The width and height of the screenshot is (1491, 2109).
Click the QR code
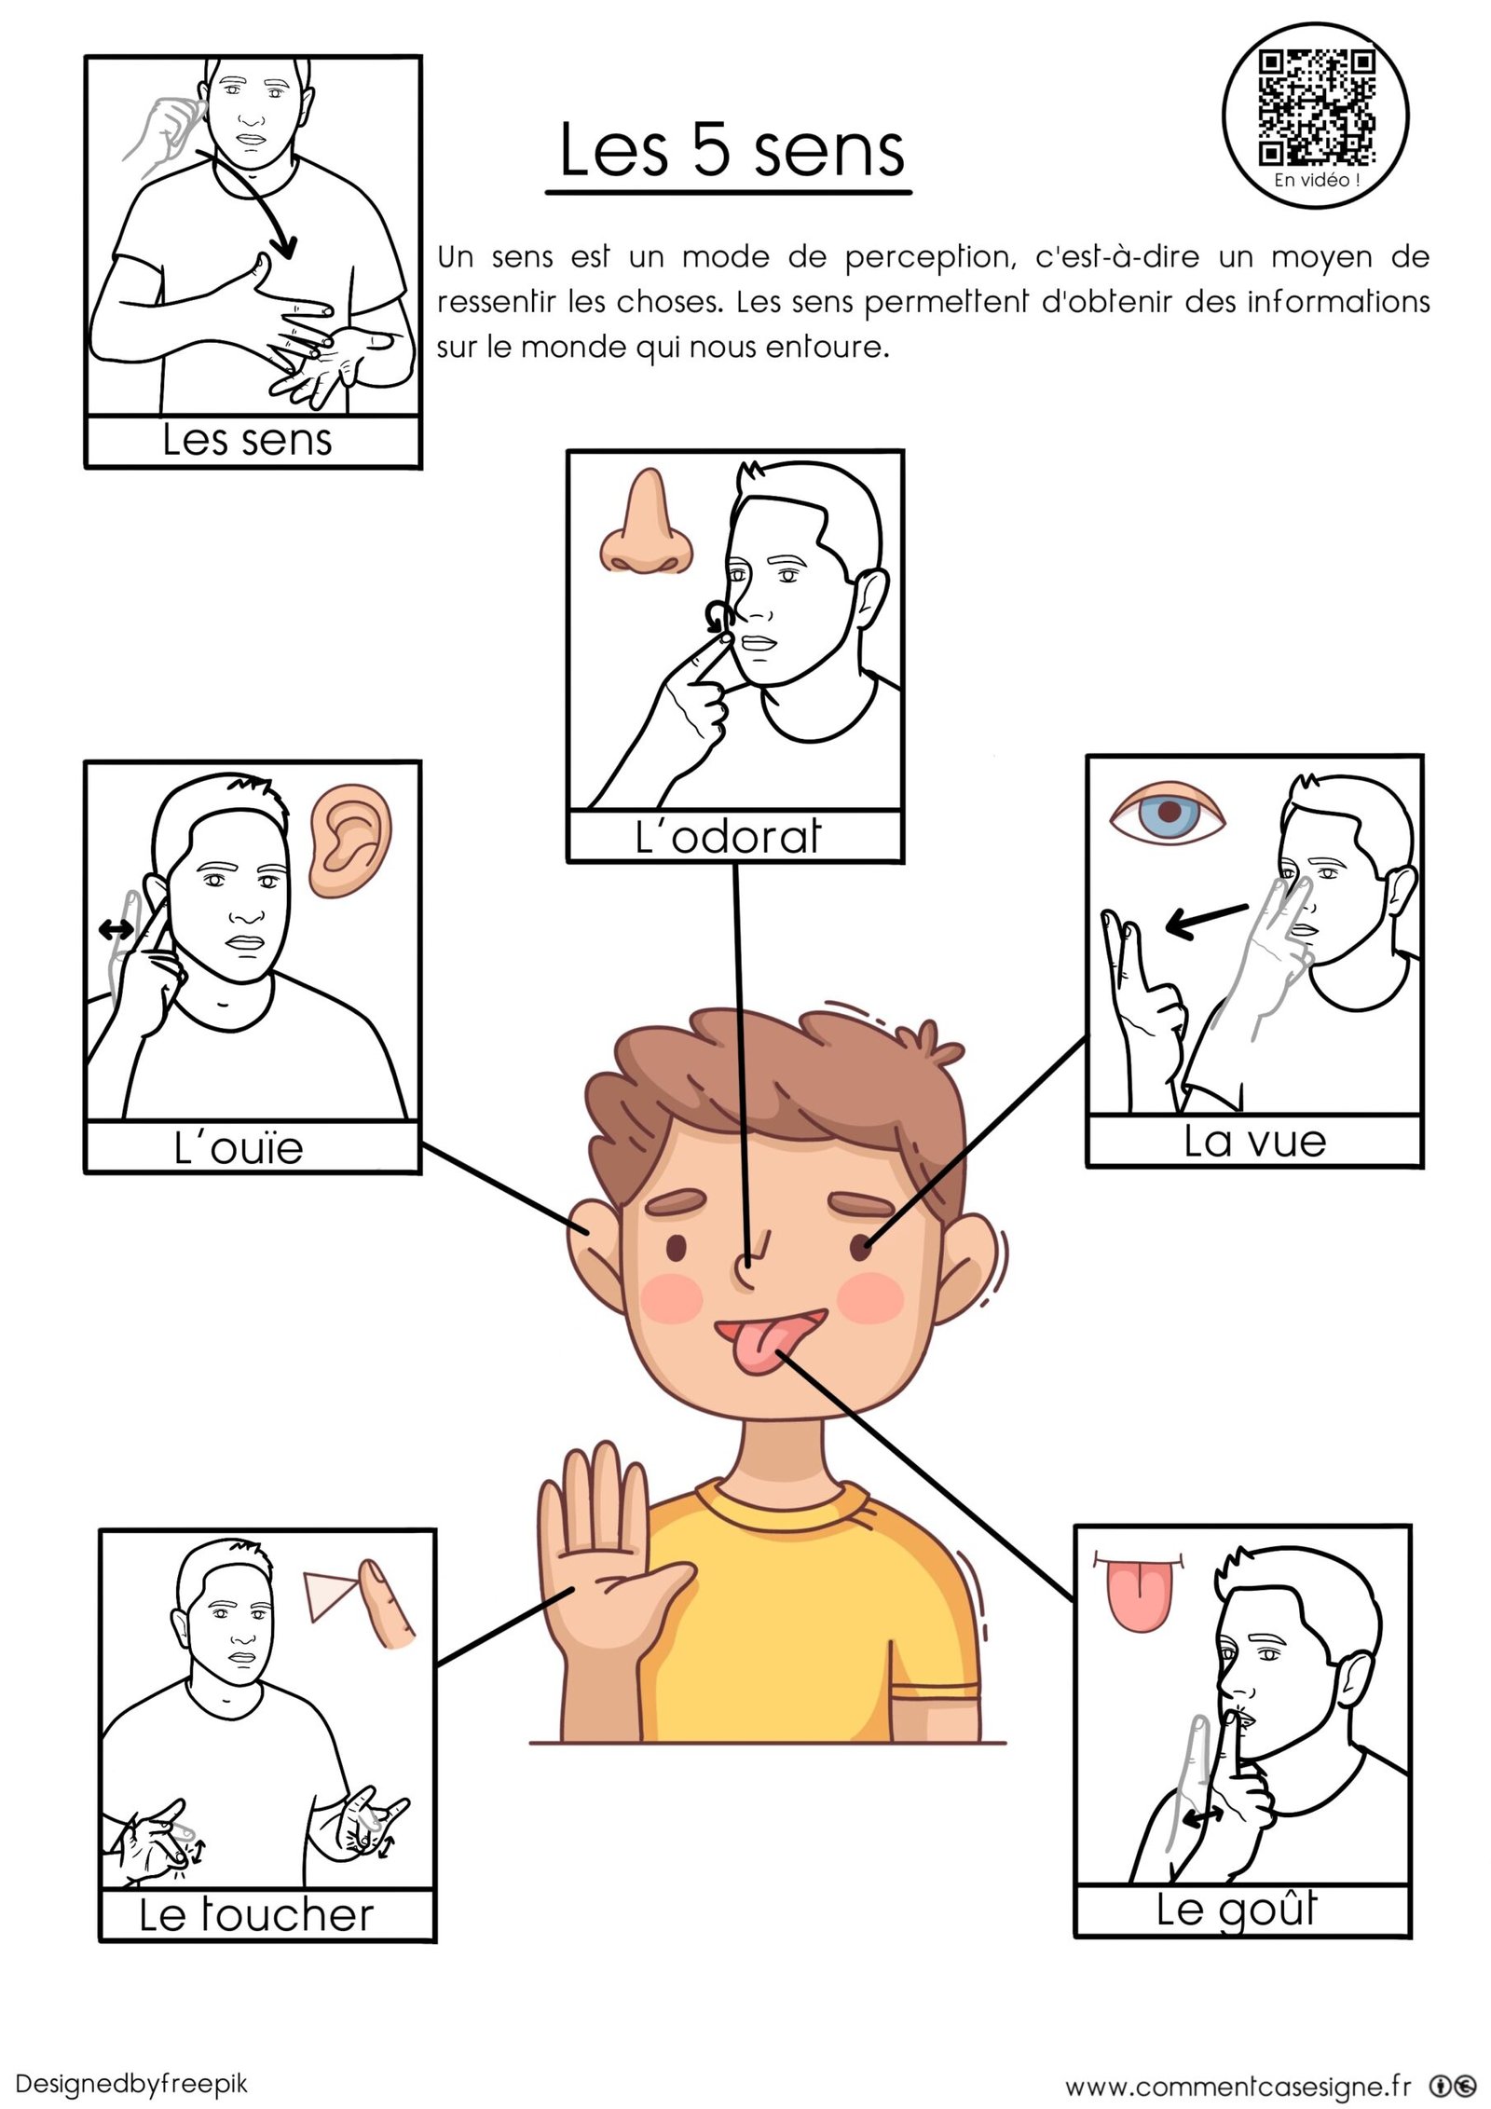[x=1317, y=108]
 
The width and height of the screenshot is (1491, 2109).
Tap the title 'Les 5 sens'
[x=732, y=151]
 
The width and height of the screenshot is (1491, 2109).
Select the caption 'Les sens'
[x=247, y=440]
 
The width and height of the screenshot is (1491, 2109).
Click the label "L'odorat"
[x=728, y=836]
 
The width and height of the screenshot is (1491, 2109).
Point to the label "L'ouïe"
[x=239, y=1146]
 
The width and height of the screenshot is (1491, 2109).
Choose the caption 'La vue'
[x=1254, y=1141]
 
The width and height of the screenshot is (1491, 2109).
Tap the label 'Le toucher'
[x=256, y=1914]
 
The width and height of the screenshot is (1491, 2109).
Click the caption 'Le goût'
[x=1237, y=1910]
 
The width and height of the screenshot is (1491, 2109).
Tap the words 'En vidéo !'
[x=1317, y=180]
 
